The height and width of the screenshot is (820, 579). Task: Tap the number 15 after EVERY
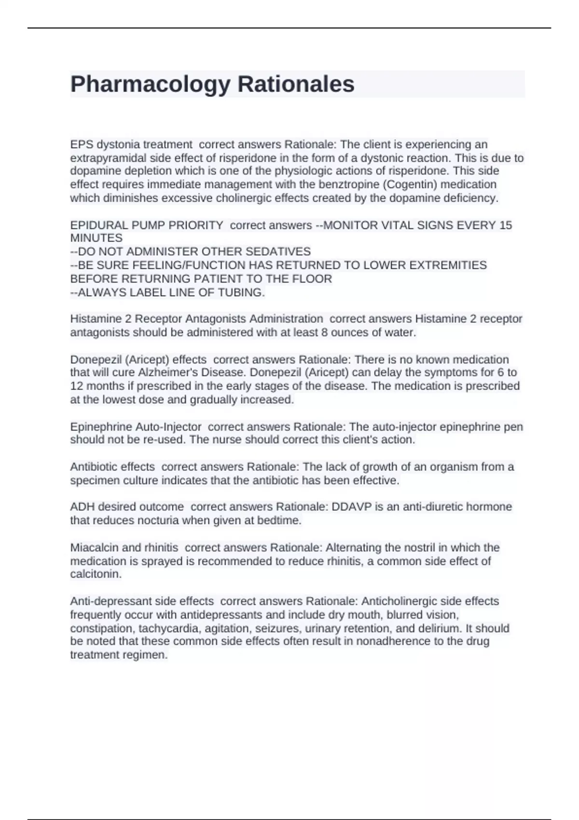(x=506, y=225)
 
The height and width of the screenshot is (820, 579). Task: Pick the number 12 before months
(x=77, y=386)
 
